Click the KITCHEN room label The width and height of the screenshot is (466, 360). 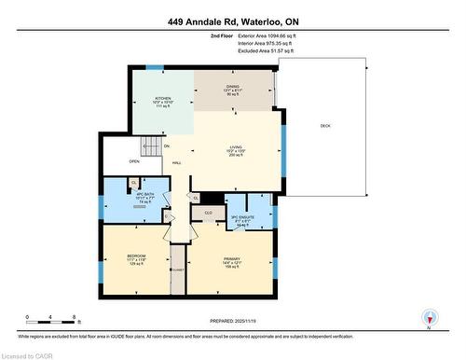click(x=163, y=98)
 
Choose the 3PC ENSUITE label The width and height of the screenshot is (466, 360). click(x=243, y=219)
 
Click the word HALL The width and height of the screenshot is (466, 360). click(x=177, y=162)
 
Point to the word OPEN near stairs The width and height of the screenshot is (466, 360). click(x=121, y=159)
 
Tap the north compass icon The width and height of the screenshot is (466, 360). click(x=429, y=317)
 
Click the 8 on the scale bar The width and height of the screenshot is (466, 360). click(x=75, y=317)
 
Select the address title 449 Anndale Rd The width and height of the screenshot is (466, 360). click(x=233, y=21)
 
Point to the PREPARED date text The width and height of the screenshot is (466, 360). click(x=233, y=324)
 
